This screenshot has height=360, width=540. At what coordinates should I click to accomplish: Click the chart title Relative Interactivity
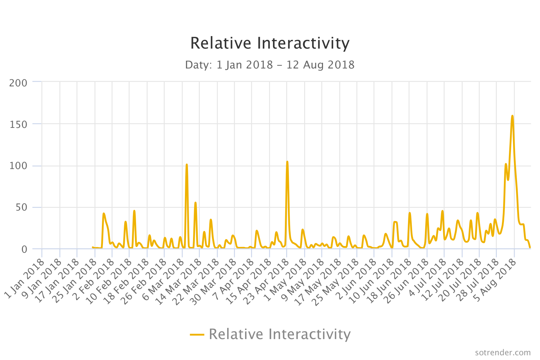(270, 43)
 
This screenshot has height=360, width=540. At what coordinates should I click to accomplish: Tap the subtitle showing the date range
(270, 64)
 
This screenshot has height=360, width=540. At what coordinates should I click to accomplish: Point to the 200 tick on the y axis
(18, 83)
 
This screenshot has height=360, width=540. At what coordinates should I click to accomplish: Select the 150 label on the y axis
(18, 124)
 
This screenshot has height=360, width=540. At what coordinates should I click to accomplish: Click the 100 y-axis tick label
(18, 166)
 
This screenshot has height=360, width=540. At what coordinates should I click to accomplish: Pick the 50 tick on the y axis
(21, 207)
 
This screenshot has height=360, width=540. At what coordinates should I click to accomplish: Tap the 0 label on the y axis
(24, 249)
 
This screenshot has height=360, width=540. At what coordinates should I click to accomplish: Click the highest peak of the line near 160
(512, 116)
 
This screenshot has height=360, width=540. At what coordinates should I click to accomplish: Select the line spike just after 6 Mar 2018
(187, 165)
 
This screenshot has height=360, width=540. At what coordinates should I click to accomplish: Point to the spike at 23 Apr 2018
(287, 162)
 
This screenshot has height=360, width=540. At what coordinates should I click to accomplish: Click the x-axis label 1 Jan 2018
(25, 279)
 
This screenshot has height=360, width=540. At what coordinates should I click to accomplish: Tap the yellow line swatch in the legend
(197, 334)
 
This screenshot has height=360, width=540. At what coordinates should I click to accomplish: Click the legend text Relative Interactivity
(280, 334)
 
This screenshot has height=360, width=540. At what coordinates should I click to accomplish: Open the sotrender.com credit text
(503, 353)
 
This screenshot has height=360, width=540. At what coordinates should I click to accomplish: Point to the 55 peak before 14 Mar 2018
(195, 203)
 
